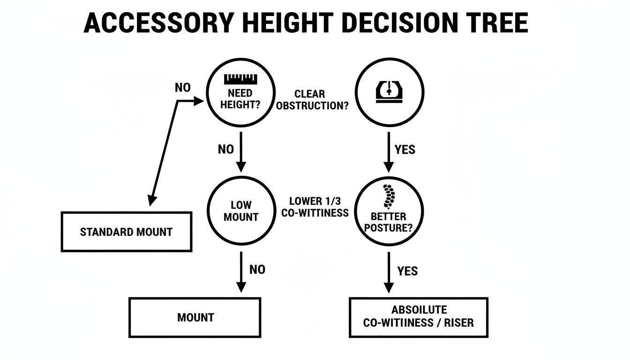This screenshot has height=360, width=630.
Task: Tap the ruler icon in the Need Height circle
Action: [241, 79]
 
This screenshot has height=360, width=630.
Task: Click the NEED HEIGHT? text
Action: [240, 99]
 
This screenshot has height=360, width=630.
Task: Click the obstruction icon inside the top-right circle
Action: [390, 91]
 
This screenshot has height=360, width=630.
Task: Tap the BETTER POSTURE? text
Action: [389, 223]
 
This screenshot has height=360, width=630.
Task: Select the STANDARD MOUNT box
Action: [126, 232]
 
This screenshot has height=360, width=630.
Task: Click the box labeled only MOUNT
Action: [195, 317]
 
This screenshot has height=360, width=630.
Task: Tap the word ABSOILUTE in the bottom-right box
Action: [419, 310]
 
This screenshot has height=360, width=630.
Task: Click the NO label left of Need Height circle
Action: [182, 88]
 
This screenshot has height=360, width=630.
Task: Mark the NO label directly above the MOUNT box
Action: [257, 270]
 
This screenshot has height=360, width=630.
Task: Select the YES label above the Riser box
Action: [407, 271]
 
